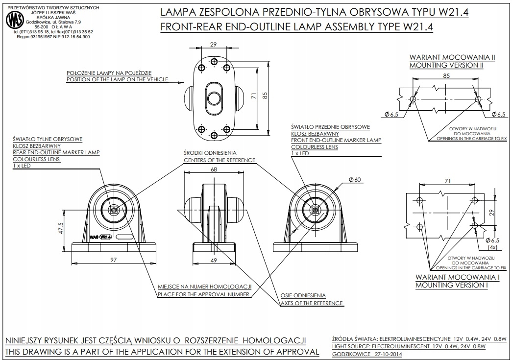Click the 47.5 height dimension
pyautogui.click(x=61, y=229)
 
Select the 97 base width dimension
pyautogui.click(x=114, y=260)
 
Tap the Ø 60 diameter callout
pyautogui.click(x=355, y=180)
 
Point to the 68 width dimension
pyautogui.click(x=214, y=169)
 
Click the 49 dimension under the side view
pyautogui.click(x=214, y=261)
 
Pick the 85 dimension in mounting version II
pyautogui.click(x=446, y=76)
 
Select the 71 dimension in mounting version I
pyautogui.click(x=446, y=181)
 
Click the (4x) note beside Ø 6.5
pyautogui.click(x=492, y=247)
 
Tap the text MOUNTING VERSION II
pyautogui.click(x=446, y=65)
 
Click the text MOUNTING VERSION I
pyautogui.click(x=451, y=285)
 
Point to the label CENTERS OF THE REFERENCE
pyautogui.click(x=219, y=160)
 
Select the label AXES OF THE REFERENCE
pyautogui.click(x=311, y=303)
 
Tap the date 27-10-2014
pyautogui.click(x=385, y=354)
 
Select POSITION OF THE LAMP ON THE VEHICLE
pyautogui.click(x=117, y=79)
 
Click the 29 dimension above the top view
pyautogui.click(x=213, y=45)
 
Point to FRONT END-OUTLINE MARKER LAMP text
pyautogui.click(x=336, y=140)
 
